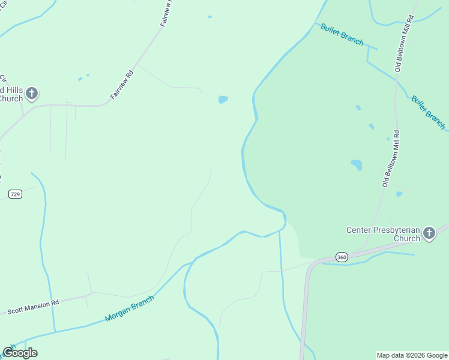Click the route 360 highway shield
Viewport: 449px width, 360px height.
(x=342, y=257)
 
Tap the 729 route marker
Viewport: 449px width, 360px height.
(x=16, y=194)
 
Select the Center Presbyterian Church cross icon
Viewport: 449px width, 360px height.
(x=429, y=233)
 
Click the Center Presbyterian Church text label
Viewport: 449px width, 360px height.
(x=382, y=234)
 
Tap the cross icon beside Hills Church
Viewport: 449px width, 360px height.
(x=32, y=94)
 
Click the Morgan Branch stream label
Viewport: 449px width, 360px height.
(x=130, y=308)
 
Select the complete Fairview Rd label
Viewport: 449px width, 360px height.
(x=121, y=84)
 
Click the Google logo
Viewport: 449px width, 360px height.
(x=20, y=353)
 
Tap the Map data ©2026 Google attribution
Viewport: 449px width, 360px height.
(x=412, y=355)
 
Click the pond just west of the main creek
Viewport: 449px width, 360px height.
(x=223, y=100)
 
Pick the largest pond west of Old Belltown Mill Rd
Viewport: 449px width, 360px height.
(x=357, y=164)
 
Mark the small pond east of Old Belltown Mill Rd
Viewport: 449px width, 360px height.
(x=399, y=194)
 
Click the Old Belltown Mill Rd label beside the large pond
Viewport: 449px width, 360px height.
(x=390, y=157)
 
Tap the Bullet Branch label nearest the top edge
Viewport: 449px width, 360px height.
(x=342, y=35)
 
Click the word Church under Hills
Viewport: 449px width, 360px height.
(x=11, y=98)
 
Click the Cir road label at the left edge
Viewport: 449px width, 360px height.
(x=3, y=79)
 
